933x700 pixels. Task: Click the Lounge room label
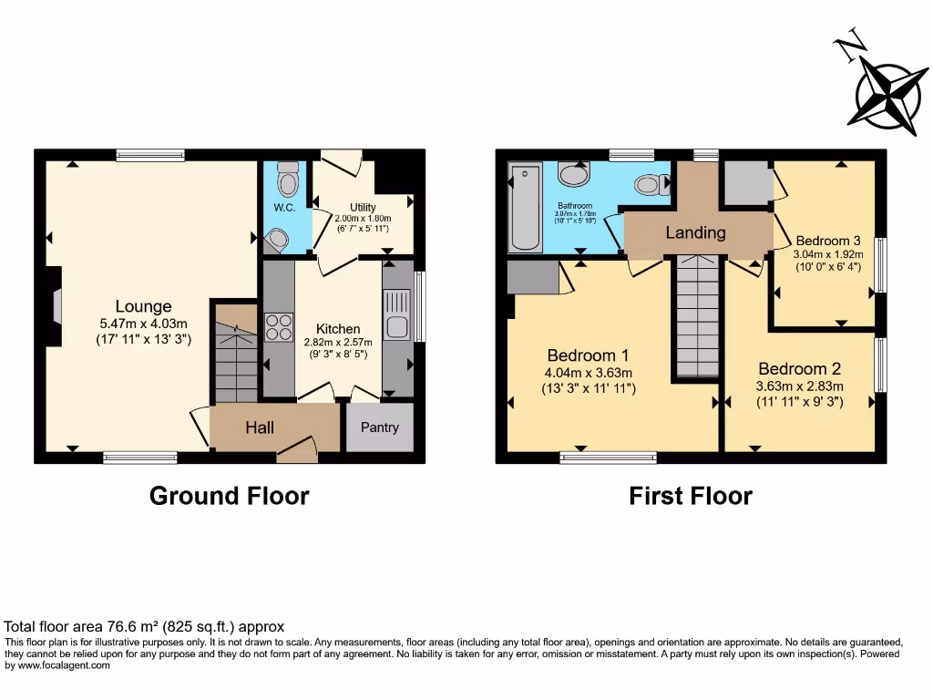143,306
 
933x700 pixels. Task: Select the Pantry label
380,427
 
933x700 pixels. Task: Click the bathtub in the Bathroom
525,208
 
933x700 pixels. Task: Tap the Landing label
695,232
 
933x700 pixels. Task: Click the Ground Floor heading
229,496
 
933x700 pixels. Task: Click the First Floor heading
691,496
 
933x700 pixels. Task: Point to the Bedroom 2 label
799,369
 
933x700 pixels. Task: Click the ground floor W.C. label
282,207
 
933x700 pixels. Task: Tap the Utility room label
362,208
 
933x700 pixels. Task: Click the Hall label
260,427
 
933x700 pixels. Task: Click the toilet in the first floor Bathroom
649,185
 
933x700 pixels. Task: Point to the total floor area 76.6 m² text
144,627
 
